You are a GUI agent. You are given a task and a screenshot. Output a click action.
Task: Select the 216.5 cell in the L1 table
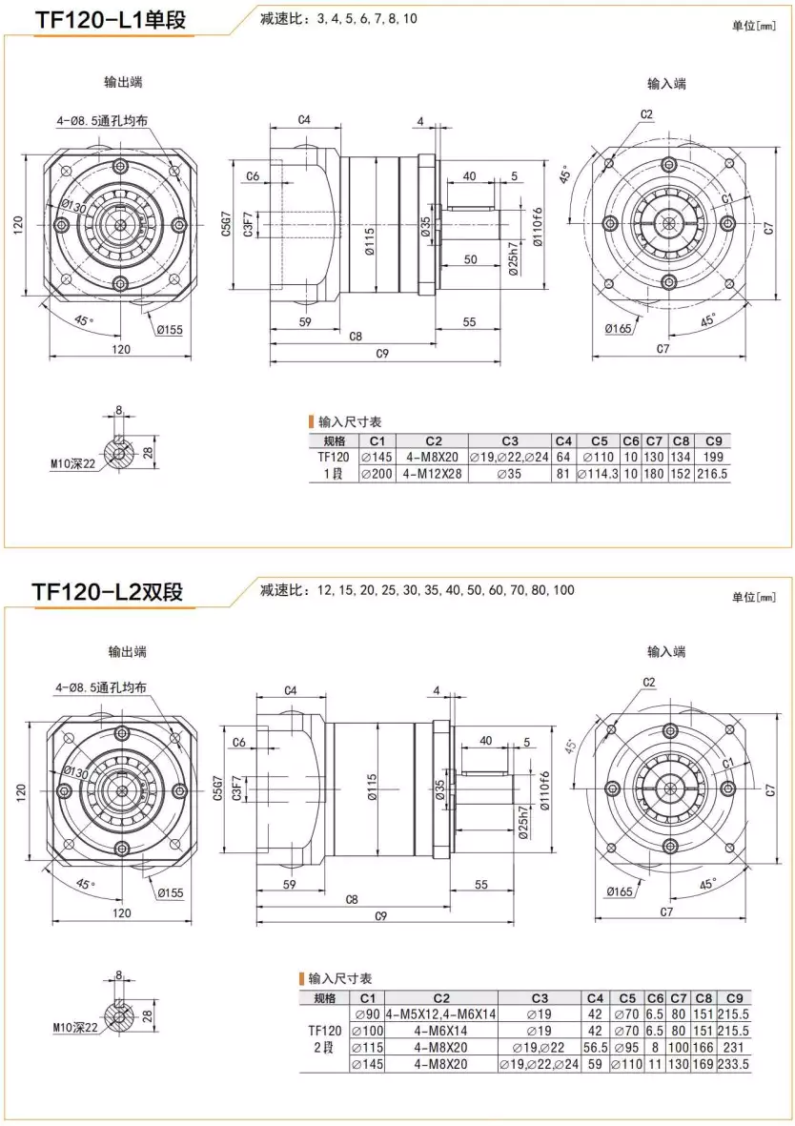[712, 473]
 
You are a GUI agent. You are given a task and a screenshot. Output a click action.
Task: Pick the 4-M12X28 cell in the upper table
[433, 473]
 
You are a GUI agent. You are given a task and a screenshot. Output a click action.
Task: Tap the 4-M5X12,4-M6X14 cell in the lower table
[441, 1014]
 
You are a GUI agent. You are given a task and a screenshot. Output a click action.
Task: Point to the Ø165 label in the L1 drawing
[619, 329]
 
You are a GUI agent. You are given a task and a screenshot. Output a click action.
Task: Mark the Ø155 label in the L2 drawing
[171, 892]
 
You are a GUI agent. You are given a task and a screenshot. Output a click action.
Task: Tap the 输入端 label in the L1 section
[666, 84]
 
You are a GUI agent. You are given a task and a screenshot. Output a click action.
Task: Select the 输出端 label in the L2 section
[127, 652]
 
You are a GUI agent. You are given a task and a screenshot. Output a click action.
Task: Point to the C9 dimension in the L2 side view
[380, 916]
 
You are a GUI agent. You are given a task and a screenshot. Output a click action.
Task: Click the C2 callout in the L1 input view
[646, 114]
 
